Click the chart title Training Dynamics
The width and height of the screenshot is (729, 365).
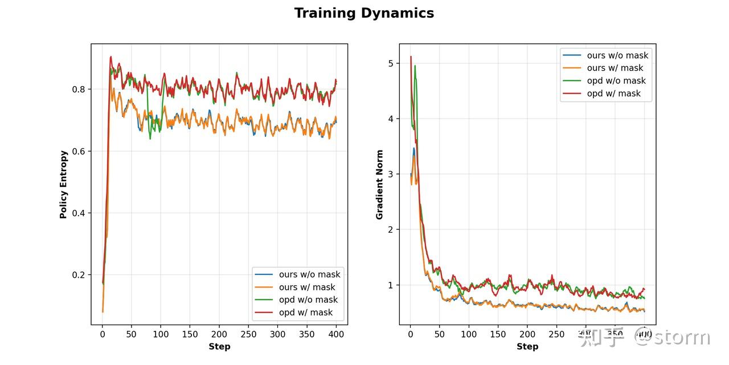click(364, 13)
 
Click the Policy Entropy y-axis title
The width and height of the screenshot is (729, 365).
click(64, 184)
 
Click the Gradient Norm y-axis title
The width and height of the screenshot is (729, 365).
click(379, 184)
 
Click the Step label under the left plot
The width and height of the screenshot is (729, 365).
click(219, 346)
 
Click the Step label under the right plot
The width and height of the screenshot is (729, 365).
click(527, 346)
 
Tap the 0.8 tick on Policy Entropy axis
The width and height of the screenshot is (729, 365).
click(79, 90)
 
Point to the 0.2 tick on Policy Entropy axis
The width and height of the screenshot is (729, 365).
click(79, 275)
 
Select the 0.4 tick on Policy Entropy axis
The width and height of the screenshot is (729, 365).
click(79, 213)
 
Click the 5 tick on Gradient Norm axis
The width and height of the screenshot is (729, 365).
click(391, 63)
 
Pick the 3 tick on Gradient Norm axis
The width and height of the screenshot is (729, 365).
click(391, 174)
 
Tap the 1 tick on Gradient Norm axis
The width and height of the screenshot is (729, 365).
click(391, 285)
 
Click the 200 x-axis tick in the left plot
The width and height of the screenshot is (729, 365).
click(219, 335)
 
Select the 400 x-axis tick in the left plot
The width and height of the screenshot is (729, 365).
click(336, 335)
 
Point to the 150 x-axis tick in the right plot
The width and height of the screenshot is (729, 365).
click(498, 335)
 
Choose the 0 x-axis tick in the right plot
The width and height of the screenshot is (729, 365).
click(410, 335)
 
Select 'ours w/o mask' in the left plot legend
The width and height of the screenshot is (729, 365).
click(309, 274)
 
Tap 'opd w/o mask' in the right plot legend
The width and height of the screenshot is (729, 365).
click(617, 81)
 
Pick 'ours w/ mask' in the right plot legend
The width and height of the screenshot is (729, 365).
click(615, 68)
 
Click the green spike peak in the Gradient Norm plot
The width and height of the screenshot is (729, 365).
click(415, 66)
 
